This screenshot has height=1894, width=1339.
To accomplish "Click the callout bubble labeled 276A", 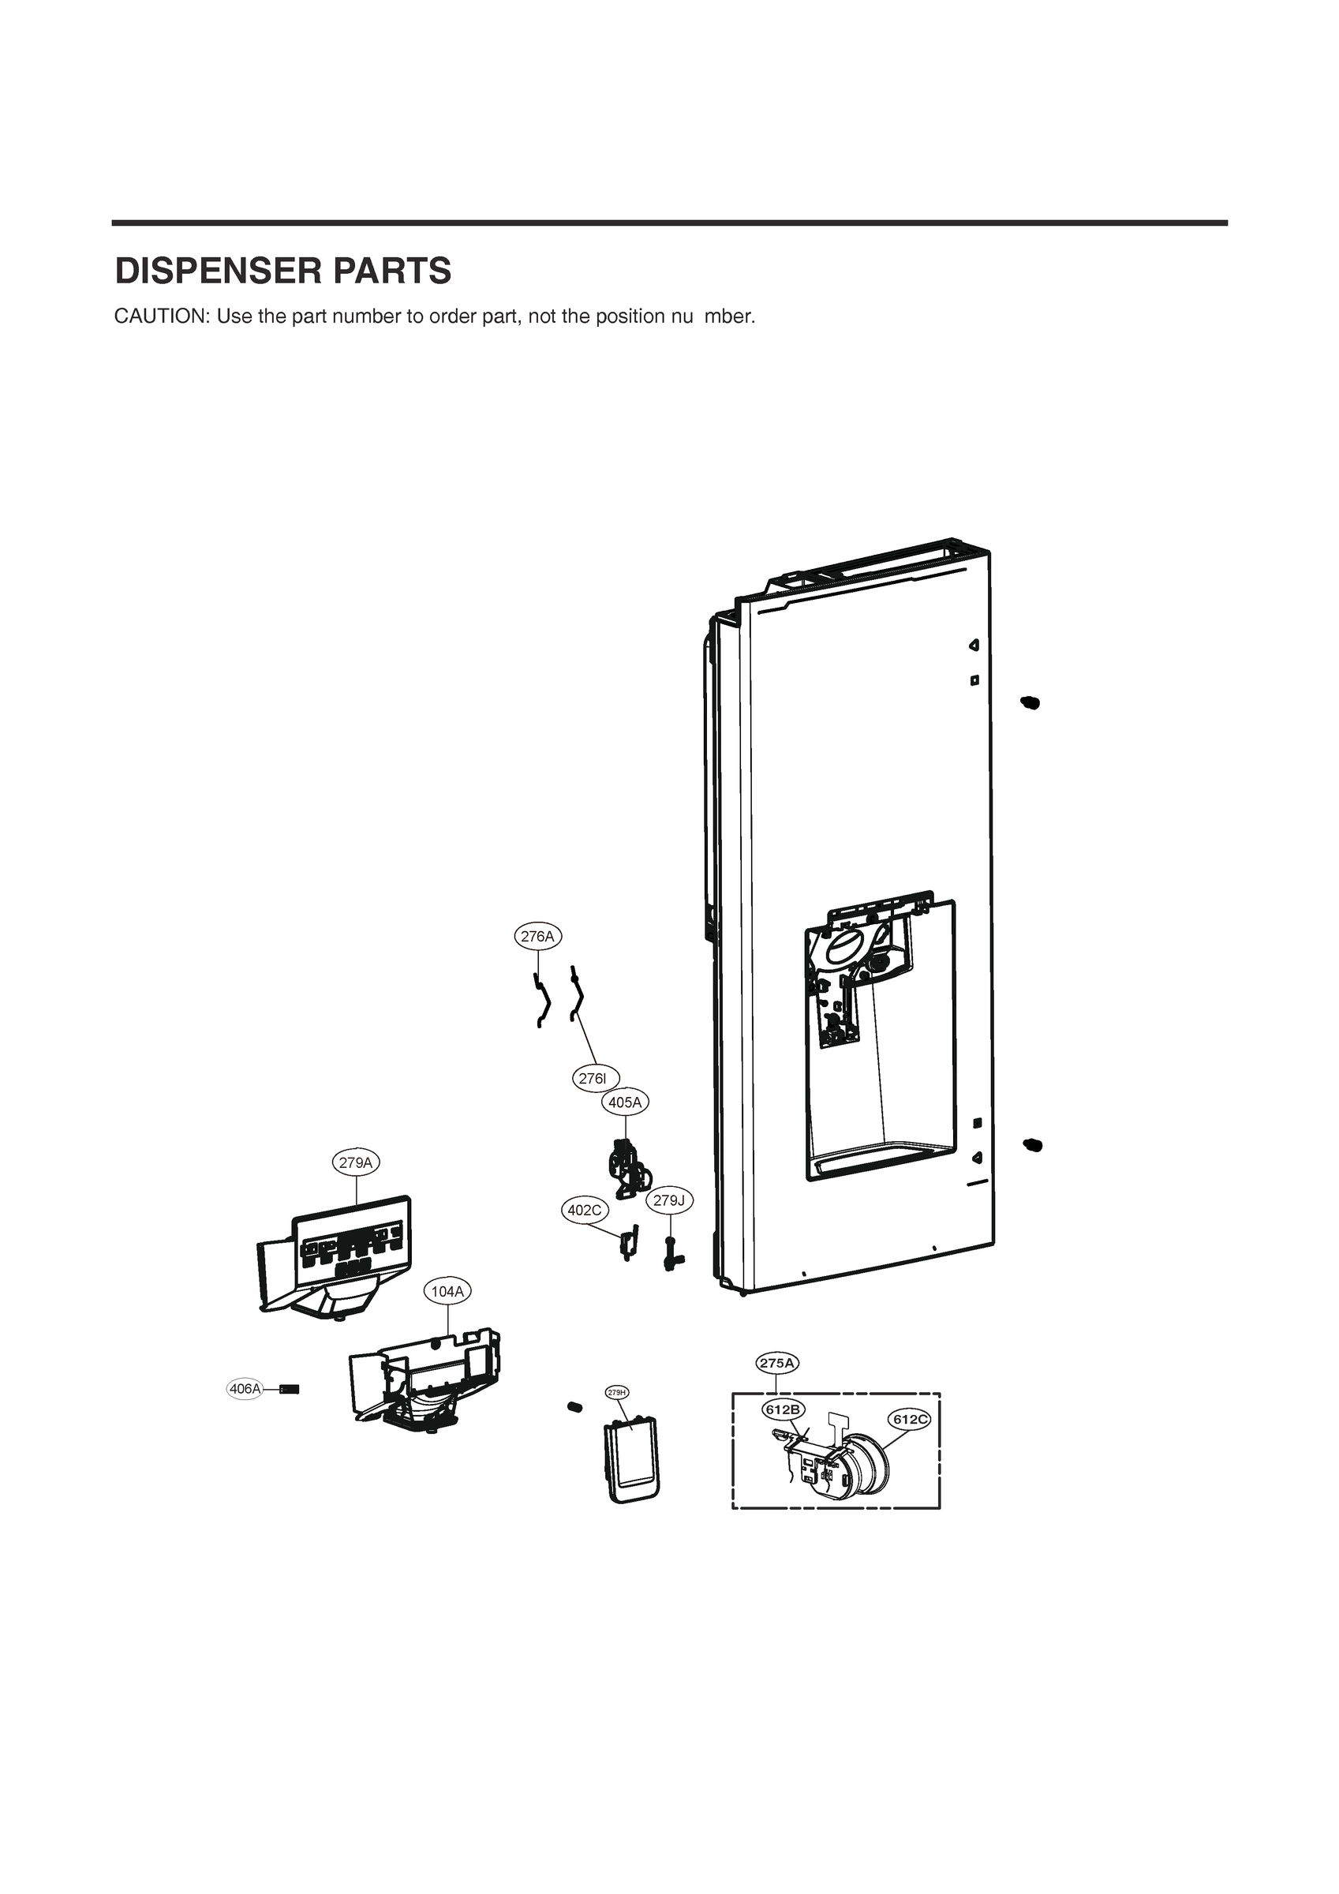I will click(x=538, y=936).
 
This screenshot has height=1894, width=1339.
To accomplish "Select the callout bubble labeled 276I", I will click(x=595, y=1078).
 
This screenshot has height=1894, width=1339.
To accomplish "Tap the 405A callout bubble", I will click(x=626, y=1102).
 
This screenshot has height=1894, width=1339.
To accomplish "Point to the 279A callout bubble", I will click(x=356, y=1162).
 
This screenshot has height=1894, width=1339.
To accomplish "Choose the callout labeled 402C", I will click(x=585, y=1210).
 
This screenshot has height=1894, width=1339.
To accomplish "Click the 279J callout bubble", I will click(x=669, y=1200).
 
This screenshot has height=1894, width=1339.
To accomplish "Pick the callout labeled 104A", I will click(x=448, y=1291).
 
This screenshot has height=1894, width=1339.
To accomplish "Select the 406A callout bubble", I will click(x=245, y=1389).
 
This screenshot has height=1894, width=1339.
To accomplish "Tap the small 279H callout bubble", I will click(x=617, y=1392).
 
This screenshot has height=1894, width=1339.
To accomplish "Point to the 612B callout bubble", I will click(x=782, y=1409).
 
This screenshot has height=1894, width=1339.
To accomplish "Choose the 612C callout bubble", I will click(x=909, y=1419).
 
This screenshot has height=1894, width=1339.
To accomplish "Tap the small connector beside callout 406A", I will click(x=290, y=1389).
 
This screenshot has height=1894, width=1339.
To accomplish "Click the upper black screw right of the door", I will click(x=1030, y=702).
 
